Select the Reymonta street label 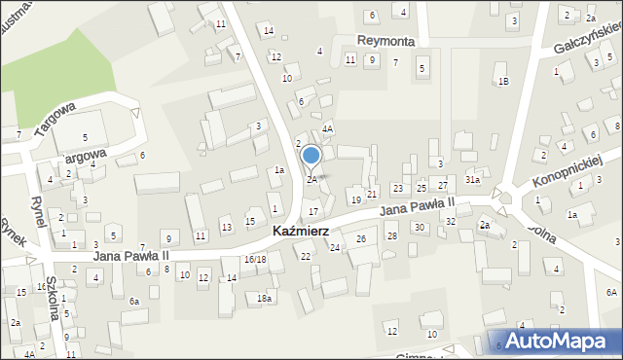click(x=386, y=41)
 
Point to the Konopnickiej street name click(x=569, y=170)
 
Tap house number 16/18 click(x=255, y=260)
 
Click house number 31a click(x=472, y=179)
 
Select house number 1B click(x=503, y=81)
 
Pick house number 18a click(x=264, y=298)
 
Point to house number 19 click(x=355, y=199)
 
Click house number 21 click(x=372, y=195)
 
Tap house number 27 click(x=442, y=185)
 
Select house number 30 click(x=419, y=227)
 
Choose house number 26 click(x=360, y=239)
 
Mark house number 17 click(x=312, y=211)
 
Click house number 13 click(x=226, y=228)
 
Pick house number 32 click(x=451, y=222)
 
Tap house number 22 click(x=305, y=256)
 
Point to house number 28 click(x=391, y=236)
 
